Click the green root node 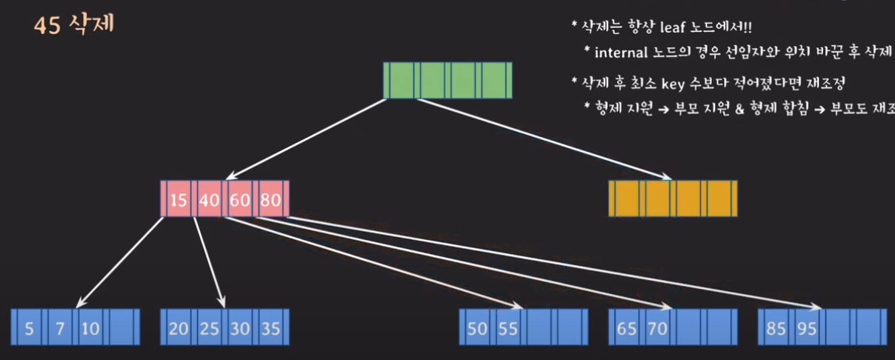coord(447,80)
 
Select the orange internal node coord(672,199)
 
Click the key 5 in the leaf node coord(29,328)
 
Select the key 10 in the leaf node coord(90,328)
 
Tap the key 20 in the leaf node coord(179,328)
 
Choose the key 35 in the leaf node coord(270,328)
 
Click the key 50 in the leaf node coord(477,328)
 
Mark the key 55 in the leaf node coord(508,328)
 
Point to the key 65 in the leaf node coord(627,328)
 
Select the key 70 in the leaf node coord(657,328)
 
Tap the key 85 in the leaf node coord(776,328)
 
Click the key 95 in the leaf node coord(807,328)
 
